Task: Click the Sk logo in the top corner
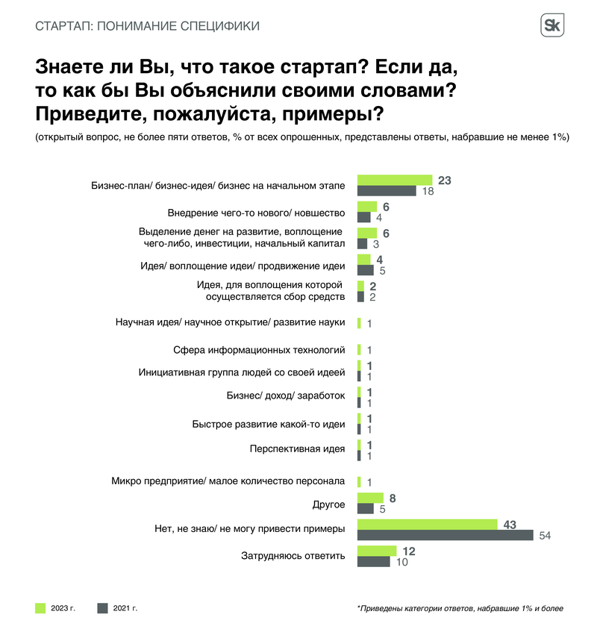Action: tap(552, 26)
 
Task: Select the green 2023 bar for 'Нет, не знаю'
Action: tap(427, 525)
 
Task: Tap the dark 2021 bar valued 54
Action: tap(446, 536)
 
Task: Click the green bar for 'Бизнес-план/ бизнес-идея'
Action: tap(395, 180)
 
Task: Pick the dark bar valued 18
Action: tap(387, 191)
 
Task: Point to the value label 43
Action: tap(510, 525)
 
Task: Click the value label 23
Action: tap(446, 180)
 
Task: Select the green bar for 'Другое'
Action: tap(370, 498)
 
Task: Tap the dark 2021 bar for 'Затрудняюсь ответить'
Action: tap(374, 562)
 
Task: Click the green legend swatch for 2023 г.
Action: tap(41, 608)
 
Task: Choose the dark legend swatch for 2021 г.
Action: tap(103, 608)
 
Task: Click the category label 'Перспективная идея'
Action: tap(296, 448)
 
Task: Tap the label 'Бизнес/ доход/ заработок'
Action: tap(285, 395)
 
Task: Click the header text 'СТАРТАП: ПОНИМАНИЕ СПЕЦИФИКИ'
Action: tap(148, 27)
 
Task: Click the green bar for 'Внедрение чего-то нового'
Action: tap(367, 207)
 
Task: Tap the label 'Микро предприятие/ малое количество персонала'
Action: tap(228, 481)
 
